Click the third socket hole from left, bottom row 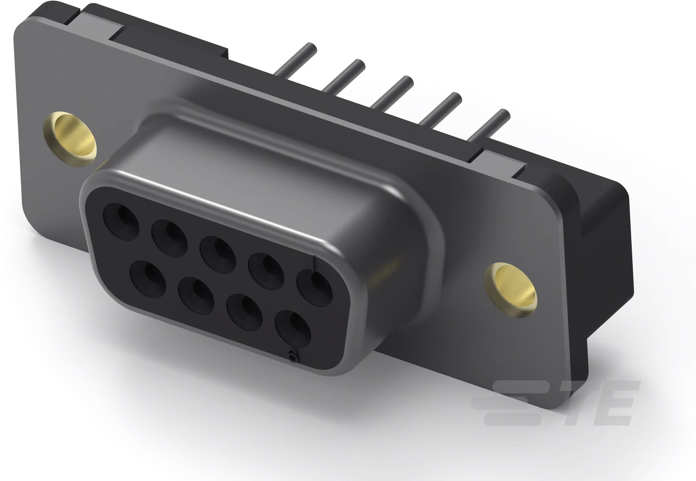point(244,314)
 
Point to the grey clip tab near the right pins point(501,164)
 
